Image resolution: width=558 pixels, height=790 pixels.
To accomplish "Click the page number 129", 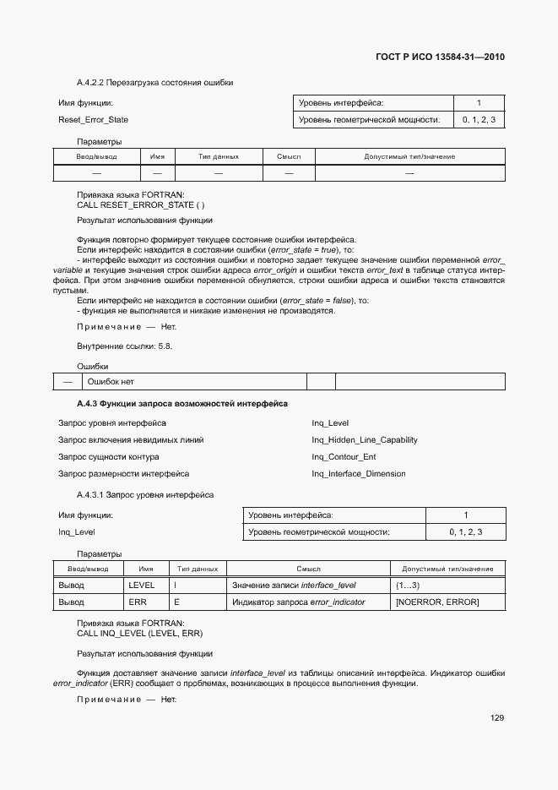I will point(496,718).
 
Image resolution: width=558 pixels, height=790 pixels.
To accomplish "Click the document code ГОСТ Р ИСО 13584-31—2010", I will point(439,57).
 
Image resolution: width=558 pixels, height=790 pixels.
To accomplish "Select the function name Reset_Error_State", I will point(93,120).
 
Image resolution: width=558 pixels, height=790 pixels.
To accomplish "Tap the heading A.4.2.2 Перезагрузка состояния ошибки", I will point(154,83).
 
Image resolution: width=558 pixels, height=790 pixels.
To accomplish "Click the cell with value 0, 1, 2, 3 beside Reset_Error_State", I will point(479,120).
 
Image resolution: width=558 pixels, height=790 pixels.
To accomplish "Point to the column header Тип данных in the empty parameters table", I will point(219,156).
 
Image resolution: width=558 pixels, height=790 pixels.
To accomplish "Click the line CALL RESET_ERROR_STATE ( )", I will point(140,205).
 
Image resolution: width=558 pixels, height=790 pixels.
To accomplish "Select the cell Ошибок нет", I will point(99,382).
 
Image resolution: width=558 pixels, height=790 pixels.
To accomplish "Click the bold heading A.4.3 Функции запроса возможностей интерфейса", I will point(181,404).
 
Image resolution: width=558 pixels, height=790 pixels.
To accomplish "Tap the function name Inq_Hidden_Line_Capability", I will point(364,440).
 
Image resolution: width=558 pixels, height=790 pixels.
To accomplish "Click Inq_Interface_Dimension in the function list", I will point(358,474).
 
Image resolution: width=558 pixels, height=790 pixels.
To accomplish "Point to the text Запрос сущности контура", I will point(108,457).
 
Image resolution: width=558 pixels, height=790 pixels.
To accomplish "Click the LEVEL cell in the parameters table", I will point(141,585).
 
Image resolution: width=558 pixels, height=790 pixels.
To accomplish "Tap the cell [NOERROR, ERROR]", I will point(436,602).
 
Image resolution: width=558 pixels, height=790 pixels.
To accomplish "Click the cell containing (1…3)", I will point(408,585).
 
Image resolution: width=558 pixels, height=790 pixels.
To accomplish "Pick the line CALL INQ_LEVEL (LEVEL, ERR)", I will point(139,633).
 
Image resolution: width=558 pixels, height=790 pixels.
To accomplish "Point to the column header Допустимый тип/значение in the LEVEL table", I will point(447,569).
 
